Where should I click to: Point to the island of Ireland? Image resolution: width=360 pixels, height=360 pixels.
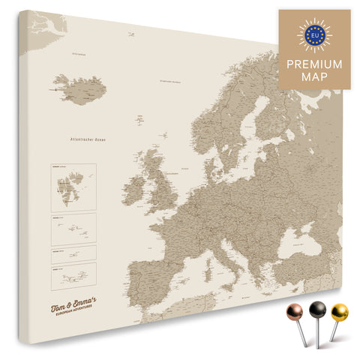click(x=139, y=184)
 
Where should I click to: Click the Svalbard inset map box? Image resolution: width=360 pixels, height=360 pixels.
click(x=73, y=186)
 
